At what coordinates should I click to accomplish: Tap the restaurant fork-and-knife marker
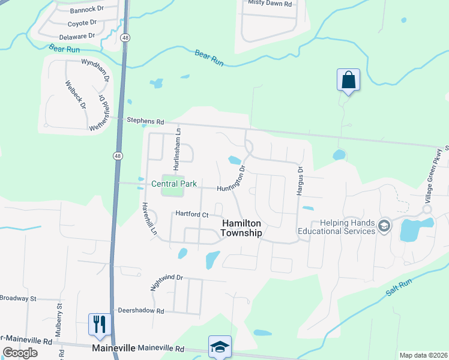click(x=99, y=325)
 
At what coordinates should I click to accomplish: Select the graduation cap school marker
click(x=220, y=347)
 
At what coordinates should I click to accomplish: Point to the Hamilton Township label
click(x=242, y=228)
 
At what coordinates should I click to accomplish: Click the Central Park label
click(x=174, y=184)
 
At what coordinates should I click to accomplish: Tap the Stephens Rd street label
click(x=145, y=121)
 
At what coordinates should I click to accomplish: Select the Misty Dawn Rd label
click(x=270, y=4)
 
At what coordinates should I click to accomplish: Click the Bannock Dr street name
click(x=87, y=10)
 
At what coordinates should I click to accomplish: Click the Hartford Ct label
click(x=191, y=214)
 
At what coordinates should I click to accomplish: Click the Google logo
click(x=20, y=352)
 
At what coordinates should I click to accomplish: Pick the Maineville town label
click(x=113, y=348)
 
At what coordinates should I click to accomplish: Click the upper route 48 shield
click(x=124, y=38)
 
